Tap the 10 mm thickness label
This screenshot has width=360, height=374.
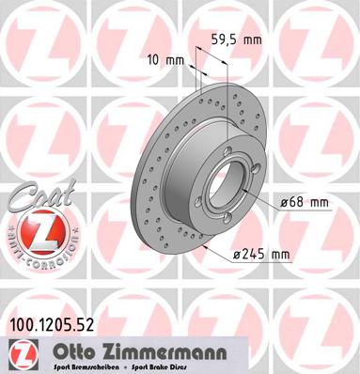pos(164,59)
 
